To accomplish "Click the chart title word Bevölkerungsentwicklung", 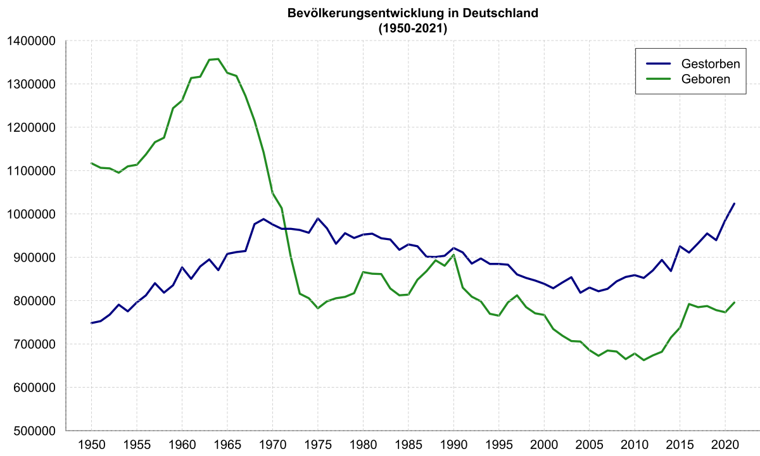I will coord(361,13).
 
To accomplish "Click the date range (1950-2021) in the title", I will coord(412,28).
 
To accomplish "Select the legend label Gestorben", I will coord(706,64).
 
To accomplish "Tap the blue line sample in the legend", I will coord(659,64).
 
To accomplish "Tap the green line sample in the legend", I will coord(659,79).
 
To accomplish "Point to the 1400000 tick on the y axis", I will coord(31,41).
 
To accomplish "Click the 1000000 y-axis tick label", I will coord(31,214).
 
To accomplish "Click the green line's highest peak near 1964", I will coord(218,59).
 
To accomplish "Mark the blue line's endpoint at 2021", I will coord(734,203).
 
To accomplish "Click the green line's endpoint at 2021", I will coord(734,302).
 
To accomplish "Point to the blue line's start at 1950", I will coord(92,323).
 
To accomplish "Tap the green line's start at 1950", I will coord(92,163).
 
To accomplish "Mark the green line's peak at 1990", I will coord(453,255).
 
